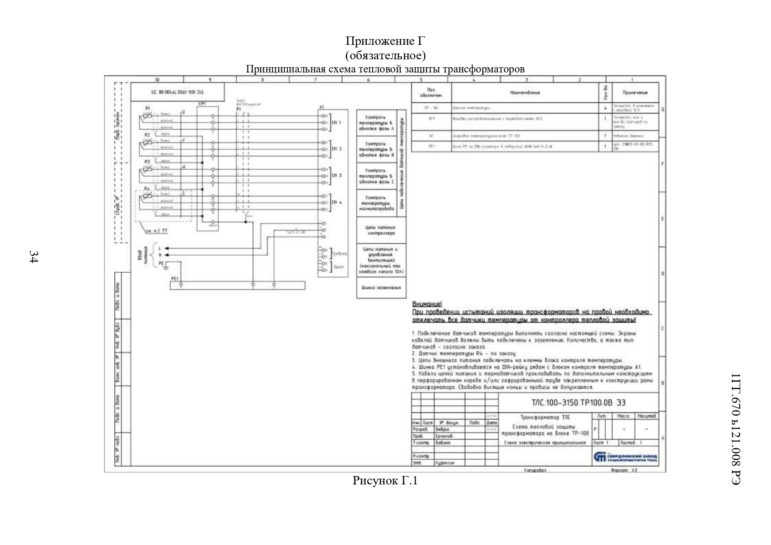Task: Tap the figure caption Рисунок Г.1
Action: click(385, 481)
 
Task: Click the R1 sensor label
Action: click(148, 108)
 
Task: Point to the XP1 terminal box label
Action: click(202, 105)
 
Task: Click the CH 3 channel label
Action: click(337, 176)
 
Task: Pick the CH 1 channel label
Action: click(337, 123)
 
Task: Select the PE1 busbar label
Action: click(175, 279)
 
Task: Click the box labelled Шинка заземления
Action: click(381, 288)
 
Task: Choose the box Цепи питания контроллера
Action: click(381, 231)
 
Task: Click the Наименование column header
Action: click(525, 93)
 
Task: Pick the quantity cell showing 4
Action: click(605, 107)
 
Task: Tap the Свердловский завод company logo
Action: click(625, 458)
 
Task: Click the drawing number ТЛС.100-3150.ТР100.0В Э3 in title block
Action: click(579, 403)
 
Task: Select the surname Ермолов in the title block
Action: click(444, 436)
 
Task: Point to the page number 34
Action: click(33, 256)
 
